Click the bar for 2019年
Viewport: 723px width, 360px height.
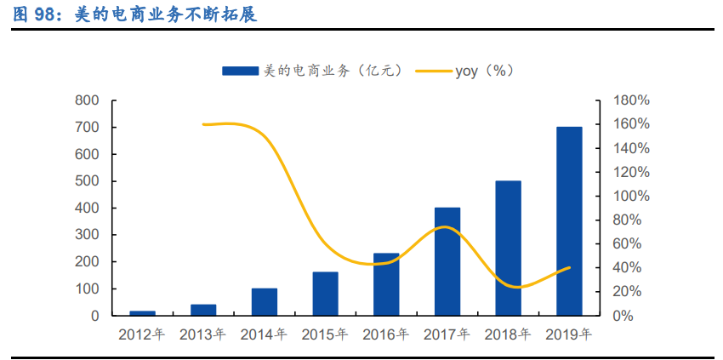[569, 221]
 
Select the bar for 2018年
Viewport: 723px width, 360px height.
[508, 248]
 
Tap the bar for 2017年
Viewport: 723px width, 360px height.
[447, 261]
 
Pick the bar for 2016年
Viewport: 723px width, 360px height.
[386, 284]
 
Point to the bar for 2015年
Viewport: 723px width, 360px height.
[325, 294]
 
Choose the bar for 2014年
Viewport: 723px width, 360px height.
[264, 302]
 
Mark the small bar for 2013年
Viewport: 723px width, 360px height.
[203, 310]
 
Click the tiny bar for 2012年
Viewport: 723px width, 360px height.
[142, 313]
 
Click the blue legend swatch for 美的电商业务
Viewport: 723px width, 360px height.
[240, 71]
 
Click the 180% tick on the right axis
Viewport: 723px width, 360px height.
[631, 100]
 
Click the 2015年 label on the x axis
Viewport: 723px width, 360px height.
[325, 335]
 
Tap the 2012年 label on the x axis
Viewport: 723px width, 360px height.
[142, 335]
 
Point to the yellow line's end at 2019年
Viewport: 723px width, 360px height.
[569, 267]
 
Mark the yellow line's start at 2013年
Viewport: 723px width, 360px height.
[203, 124]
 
